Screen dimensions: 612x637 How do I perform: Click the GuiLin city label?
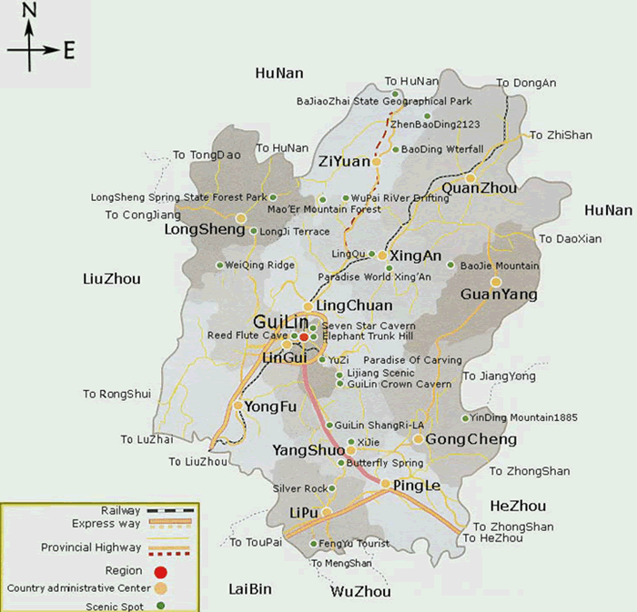(281, 323)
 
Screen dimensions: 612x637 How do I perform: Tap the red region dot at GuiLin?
(305, 336)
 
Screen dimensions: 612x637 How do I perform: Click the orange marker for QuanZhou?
(470, 177)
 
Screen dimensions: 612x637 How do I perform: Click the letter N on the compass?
(29, 11)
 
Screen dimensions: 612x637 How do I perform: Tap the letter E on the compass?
(69, 50)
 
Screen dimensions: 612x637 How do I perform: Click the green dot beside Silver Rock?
(334, 488)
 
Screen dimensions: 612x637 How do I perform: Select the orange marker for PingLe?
(386, 484)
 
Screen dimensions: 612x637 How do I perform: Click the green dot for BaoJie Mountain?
(450, 266)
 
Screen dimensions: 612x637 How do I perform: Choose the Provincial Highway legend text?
(91, 547)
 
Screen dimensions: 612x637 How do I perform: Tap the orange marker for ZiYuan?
(376, 162)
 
